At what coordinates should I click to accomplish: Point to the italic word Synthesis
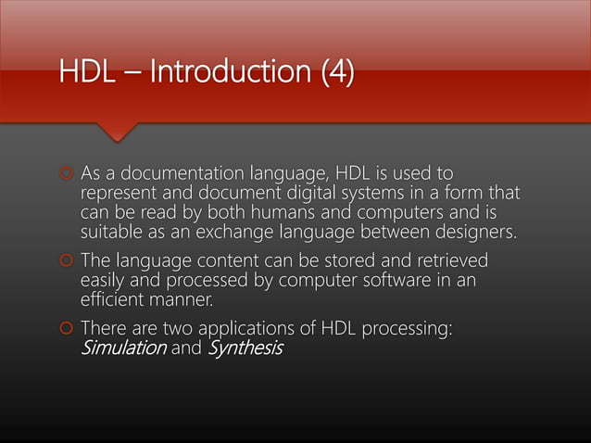click(245, 348)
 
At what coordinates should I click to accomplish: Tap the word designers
click(463, 231)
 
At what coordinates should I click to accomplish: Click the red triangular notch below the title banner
click(118, 132)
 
